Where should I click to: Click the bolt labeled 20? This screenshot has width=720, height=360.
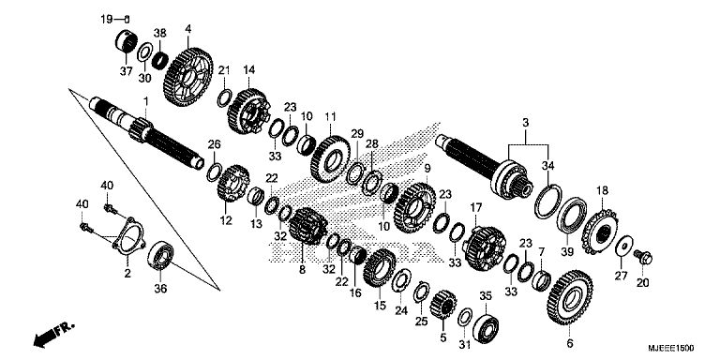click(645, 255)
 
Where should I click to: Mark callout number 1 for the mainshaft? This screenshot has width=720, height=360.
click(145, 99)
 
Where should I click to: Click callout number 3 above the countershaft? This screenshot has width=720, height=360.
click(527, 123)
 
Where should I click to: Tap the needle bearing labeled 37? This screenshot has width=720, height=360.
click(124, 42)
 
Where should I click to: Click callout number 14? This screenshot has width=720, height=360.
click(249, 68)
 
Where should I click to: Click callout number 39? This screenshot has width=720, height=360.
click(566, 252)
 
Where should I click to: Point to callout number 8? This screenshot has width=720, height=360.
click(302, 270)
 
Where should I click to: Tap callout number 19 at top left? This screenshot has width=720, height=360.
click(106, 18)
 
